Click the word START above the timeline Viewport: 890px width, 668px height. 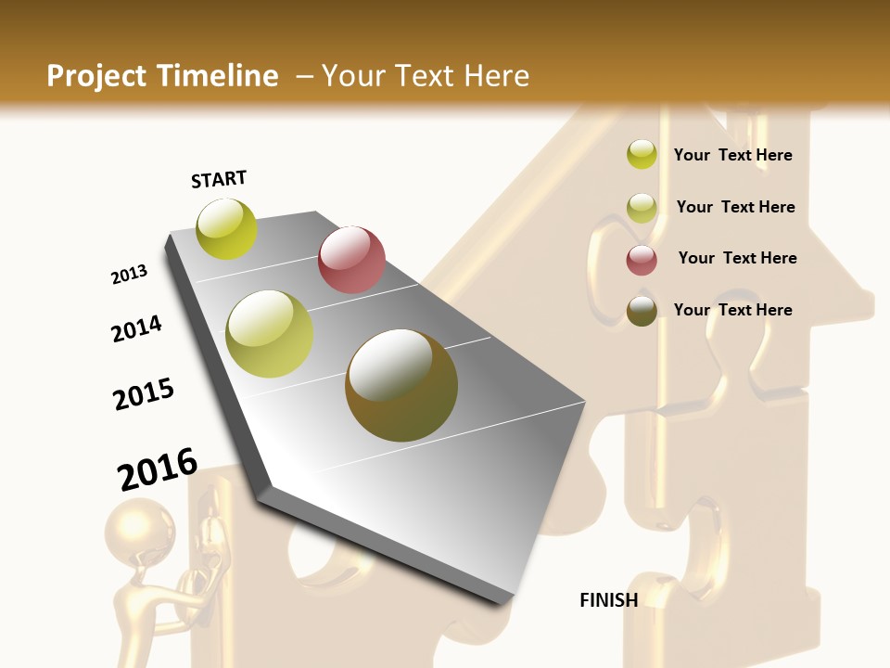(219, 178)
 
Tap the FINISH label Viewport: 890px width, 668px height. (608, 600)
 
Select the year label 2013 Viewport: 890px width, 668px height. (129, 275)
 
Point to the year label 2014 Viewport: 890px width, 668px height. (136, 328)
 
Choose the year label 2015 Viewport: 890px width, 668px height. (144, 394)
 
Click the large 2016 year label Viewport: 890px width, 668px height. (158, 469)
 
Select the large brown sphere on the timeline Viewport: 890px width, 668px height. (401, 385)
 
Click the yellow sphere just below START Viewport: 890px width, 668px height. (226, 228)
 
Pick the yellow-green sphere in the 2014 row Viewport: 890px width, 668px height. (269, 334)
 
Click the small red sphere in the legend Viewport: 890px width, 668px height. (642, 260)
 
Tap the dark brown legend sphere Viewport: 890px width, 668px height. (642, 311)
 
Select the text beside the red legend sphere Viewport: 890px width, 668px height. (737, 258)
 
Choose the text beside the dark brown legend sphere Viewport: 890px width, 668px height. (732, 310)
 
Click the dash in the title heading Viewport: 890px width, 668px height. (303, 76)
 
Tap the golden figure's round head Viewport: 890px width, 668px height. (139, 528)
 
